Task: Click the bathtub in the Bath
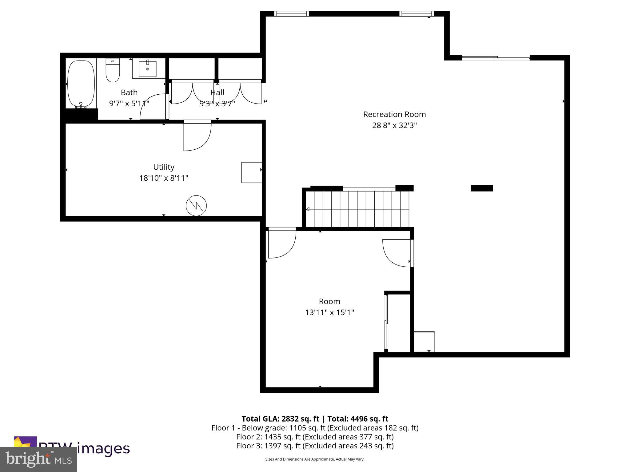(x=81, y=84)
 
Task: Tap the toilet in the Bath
(x=113, y=70)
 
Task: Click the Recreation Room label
(x=394, y=114)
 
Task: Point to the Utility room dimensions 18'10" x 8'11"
(x=164, y=178)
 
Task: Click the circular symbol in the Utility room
(x=196, y=206)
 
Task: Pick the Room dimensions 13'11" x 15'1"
(x=329, y=313)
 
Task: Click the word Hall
(x=217, y=92)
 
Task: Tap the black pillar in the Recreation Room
(x=482, y=188)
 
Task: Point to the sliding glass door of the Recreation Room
(x=496, y=57)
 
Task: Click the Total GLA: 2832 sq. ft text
(x=281, y=419)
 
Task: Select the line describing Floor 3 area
(x=315, y=446)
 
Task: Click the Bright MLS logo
(x=38, y=459)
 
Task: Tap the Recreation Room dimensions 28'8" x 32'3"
(x=394, y=125)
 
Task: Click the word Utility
(x=164, y=167)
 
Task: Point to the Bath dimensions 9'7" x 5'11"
(x=129, y=103)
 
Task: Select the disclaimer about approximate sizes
(x=315, y=459)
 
